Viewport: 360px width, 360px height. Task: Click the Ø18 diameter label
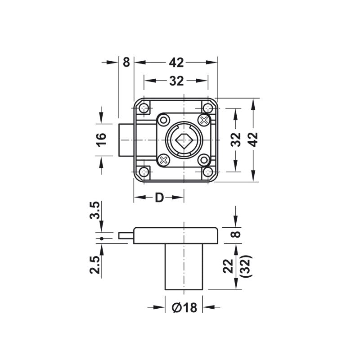(184, 307)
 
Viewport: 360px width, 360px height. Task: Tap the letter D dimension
(159, 198)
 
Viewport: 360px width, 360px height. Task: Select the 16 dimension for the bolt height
(101, 139)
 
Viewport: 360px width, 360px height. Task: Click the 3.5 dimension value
(95, 210)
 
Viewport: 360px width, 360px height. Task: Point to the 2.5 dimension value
(95, 265)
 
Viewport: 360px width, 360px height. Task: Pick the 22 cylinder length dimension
(228, 266)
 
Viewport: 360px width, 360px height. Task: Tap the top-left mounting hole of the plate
(144, 108)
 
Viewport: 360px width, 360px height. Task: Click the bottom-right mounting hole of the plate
(208, 171)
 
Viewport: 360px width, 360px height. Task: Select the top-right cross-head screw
(204, 120)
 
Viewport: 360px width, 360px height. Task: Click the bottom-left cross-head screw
(163, 160)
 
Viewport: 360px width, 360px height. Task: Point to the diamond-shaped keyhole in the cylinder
(184, 140)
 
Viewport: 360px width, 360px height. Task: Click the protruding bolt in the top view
(126, 140)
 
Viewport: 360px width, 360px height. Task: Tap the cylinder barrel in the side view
(184, 267)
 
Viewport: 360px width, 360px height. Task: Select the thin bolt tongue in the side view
(126, 235)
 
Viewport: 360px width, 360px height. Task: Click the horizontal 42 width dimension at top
(176, 63)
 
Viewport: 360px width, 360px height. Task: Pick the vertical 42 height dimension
(253, 139)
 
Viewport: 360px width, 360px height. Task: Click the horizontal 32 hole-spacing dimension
(176, 81)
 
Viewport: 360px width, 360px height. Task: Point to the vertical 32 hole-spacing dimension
(235, 139)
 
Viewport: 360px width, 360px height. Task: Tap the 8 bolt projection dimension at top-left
(126, 62)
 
